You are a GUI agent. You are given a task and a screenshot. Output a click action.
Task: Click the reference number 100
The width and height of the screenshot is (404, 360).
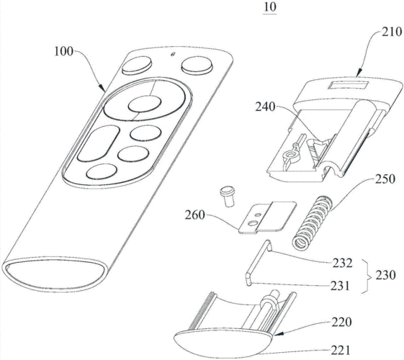point(63,52)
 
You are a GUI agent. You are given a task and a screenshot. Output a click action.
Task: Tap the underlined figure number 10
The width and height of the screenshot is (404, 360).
point(269,7)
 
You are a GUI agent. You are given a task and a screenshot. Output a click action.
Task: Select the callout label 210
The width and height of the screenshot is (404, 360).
point(392,32)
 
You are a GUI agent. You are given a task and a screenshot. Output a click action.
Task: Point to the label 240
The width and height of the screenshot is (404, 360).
point(266,107)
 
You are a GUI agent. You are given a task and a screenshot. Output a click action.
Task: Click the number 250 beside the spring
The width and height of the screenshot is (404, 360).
point(385,179)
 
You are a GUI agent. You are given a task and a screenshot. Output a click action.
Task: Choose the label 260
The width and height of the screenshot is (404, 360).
point(194,215)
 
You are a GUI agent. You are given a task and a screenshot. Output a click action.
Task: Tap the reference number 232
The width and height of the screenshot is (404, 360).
point(342,264)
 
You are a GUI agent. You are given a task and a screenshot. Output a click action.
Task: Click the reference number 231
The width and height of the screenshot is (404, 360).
point(340,286)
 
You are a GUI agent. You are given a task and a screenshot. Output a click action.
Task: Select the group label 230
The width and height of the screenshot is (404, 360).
point(385,275)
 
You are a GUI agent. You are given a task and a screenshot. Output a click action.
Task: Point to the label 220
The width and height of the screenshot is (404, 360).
point(341,322)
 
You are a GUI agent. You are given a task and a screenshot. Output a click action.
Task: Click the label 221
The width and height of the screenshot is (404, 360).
point(341,350)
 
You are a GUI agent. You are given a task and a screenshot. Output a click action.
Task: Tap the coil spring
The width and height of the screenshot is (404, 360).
point(313,222)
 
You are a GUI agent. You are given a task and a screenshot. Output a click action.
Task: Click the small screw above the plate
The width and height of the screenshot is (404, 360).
point(227,197)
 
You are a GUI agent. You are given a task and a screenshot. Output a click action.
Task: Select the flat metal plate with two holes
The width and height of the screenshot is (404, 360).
point(267,217)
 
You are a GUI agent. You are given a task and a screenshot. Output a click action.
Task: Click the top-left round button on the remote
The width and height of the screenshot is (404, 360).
point(137,65)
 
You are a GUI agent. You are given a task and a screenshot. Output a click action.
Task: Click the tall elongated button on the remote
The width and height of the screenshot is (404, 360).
point(98,143)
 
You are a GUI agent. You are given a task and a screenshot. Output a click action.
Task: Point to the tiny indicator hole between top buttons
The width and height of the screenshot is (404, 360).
point(173,54)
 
